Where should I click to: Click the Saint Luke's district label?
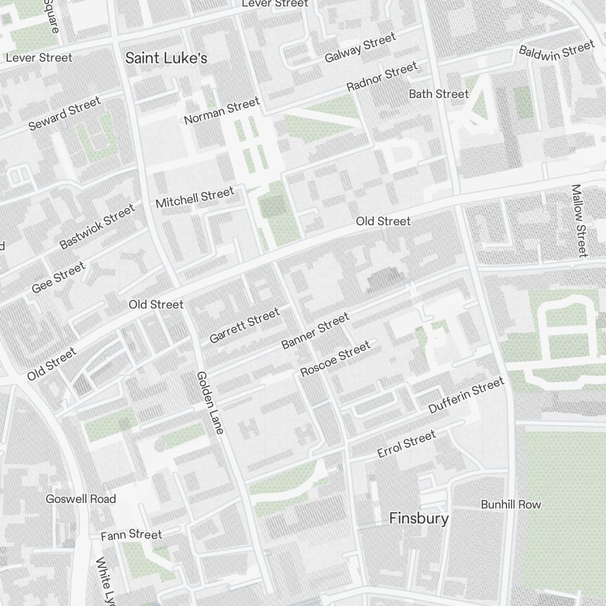tap(166, 58)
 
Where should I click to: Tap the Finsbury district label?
tap(419, 519)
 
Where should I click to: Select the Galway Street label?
tap(360, 48)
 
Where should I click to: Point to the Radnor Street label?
tap(382, 77)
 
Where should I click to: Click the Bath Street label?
tap(439, 94)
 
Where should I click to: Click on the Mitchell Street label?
tap(195, 198)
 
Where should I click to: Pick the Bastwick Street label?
tap(97, 227)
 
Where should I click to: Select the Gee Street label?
tap(59, 278)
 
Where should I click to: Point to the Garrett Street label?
tap(244, 325)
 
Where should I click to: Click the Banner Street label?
tap(315, 331)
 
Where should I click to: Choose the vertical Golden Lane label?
tap(210, 402)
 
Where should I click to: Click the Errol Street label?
tap(406, 444)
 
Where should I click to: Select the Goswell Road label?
tap(81, 499)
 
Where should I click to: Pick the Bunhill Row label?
tap(511, 505)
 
